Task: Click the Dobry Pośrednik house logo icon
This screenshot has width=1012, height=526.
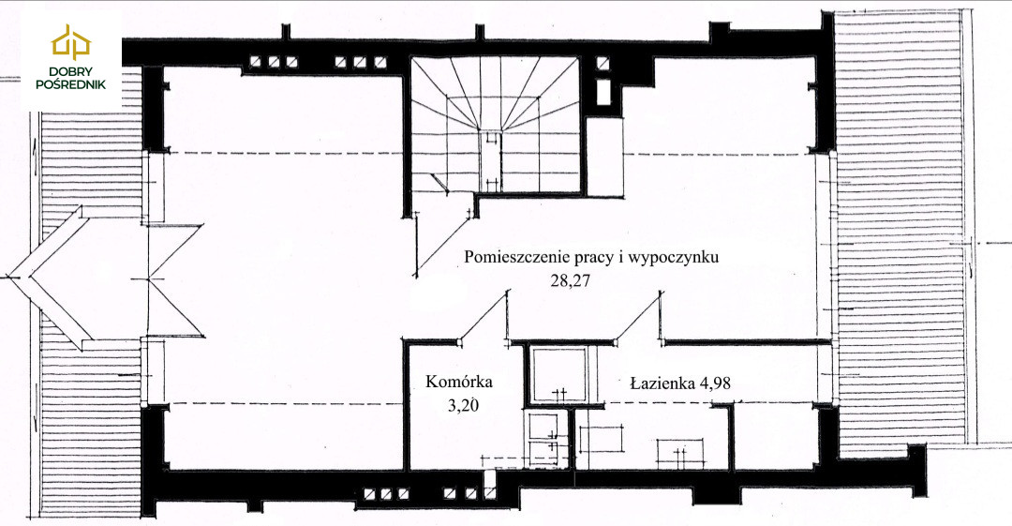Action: click(x=71, y=42)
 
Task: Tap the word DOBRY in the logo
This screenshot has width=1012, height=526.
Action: click(x=71, y=71)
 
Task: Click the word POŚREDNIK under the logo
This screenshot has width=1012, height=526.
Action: click(x=71, y=84)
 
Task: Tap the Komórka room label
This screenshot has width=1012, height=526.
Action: click(x=459, y=382)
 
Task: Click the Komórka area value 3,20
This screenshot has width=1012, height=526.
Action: click(x=464, y=405)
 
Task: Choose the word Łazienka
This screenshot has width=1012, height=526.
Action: click(x=662, y=383)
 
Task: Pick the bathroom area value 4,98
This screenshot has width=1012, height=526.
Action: click(x=715, y=383)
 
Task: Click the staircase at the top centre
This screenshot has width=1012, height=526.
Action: click(x=496, y=124)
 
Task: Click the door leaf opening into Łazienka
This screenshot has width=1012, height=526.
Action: click(x=639, y=315)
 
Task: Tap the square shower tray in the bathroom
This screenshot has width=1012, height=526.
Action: click(x=558, y=375)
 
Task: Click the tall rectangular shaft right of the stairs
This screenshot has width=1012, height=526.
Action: click(x=603, y=91)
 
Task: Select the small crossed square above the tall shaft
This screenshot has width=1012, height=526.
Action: click(x=603, y=64)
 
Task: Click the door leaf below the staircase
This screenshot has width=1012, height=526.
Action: click(x=443, y=242)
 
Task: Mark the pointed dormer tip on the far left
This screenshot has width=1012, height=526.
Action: click(x=10, y=278)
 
